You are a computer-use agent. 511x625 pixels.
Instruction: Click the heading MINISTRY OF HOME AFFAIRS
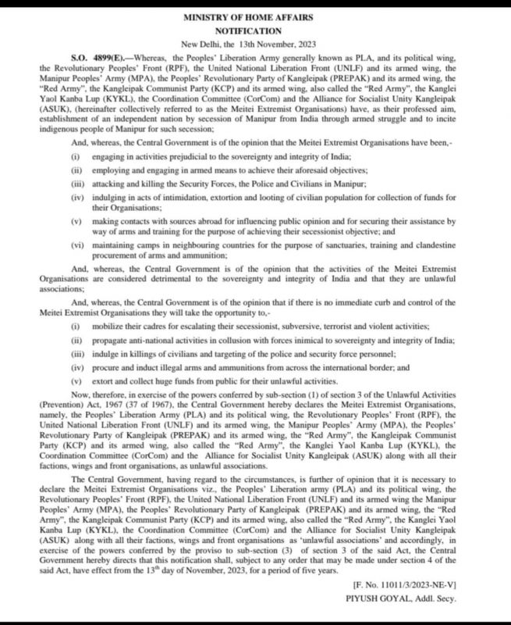tap(255, 14)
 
